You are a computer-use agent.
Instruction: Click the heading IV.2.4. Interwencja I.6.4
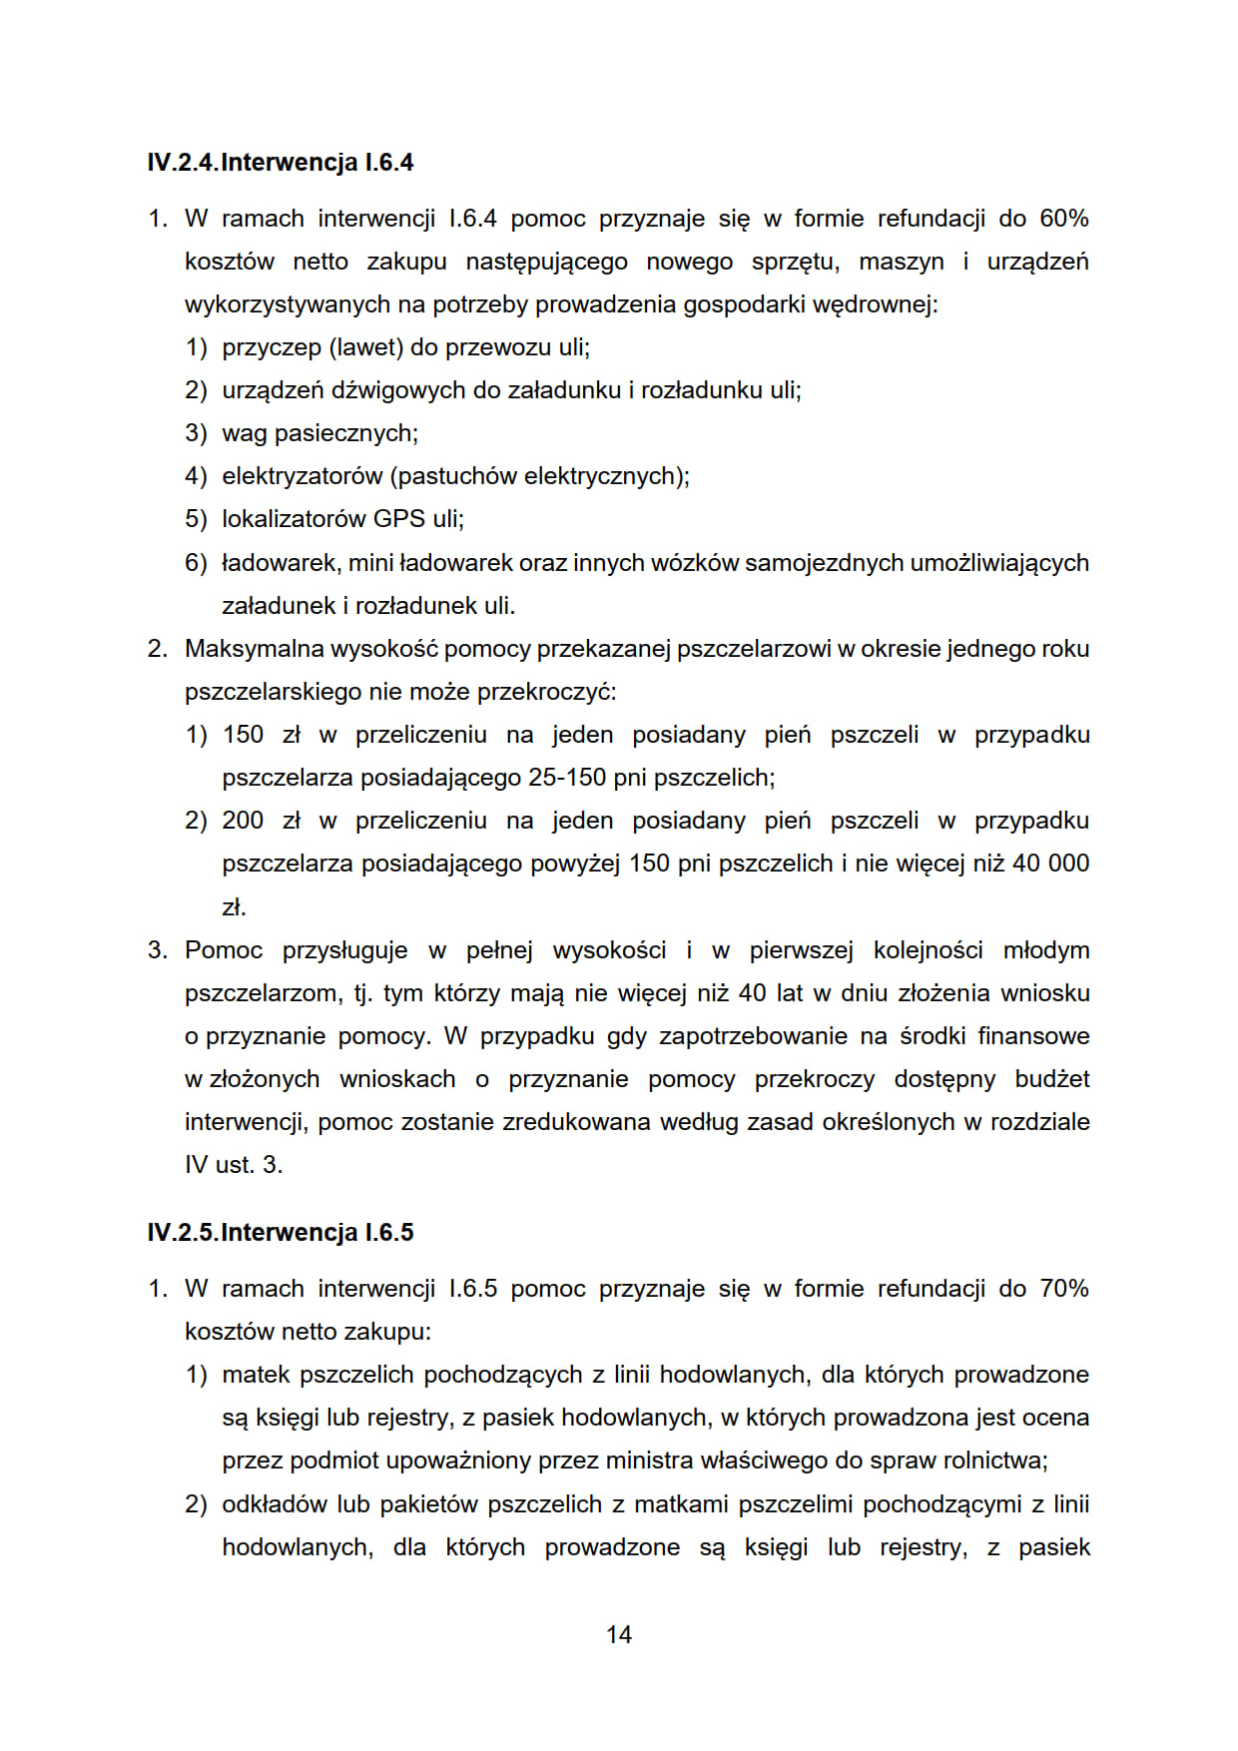280,163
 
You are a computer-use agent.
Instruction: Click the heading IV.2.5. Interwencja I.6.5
280,1233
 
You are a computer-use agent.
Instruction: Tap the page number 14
619,1634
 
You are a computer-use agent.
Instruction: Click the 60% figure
1063,219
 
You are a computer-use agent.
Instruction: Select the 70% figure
1063,1289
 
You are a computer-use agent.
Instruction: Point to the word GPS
398,519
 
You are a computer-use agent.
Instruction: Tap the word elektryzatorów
302,476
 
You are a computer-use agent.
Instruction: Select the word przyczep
272,347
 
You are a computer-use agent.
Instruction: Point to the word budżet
1052,1079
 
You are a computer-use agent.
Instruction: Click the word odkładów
276,1504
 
